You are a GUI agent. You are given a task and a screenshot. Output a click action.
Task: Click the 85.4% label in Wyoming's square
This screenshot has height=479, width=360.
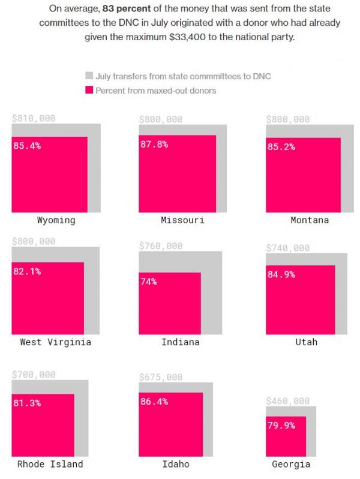27,146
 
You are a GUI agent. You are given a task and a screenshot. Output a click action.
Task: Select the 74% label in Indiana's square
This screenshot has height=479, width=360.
149,282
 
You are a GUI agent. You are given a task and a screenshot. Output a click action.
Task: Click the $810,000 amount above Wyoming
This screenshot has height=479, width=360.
34,119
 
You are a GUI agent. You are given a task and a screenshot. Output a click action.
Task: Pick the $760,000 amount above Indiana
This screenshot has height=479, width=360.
161,246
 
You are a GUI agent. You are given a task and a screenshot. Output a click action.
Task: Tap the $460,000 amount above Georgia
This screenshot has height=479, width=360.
288,401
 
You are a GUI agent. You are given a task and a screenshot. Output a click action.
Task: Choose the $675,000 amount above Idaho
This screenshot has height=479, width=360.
161,378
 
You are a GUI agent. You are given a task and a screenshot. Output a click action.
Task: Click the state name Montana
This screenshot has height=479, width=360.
310,220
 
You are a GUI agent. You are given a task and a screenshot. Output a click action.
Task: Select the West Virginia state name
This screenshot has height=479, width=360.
56,342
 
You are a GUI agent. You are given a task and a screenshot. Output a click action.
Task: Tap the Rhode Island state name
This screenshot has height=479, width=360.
50,464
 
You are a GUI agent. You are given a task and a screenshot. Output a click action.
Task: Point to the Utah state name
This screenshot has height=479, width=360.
306,342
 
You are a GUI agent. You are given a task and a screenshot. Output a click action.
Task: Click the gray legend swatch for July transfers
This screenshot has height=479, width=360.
89,76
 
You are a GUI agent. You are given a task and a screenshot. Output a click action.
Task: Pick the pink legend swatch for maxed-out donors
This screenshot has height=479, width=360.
89,91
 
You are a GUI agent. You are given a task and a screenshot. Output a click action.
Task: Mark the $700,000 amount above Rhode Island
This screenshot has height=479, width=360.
34,375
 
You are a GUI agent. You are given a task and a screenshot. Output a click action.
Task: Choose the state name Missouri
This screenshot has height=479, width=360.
182,220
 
